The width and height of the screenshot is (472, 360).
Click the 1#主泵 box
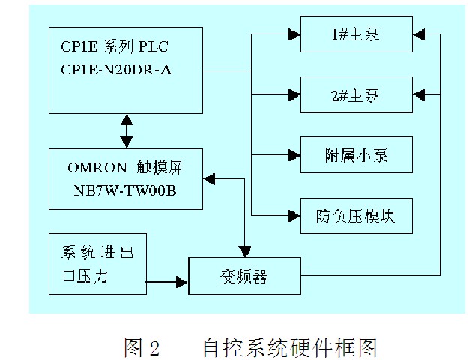(356, 36)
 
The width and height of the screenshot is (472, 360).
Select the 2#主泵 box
(356, 95)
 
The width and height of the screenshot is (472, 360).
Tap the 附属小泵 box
(356, 156)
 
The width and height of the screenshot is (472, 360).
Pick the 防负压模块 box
(356, 217)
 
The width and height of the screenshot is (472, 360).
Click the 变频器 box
(243, 276)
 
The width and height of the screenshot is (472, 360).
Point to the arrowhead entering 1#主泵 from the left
(293, 35)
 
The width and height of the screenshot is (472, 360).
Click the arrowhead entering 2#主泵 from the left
(293, 95)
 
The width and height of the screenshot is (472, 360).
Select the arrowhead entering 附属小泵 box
(293, 156)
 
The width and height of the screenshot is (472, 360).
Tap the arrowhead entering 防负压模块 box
(293, 216)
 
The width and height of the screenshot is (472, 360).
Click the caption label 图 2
(142, 348)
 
